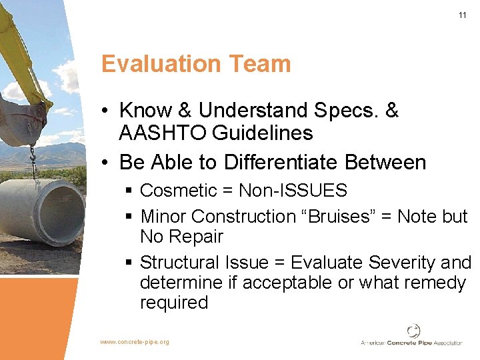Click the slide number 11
click(462, 15)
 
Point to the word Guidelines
click(262, 133)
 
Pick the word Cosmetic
click(178, 191)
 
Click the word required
click(174, 303)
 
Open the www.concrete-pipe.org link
click(134, 342)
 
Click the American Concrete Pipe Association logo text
click(411, 343)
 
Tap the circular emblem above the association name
click(413, 330)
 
